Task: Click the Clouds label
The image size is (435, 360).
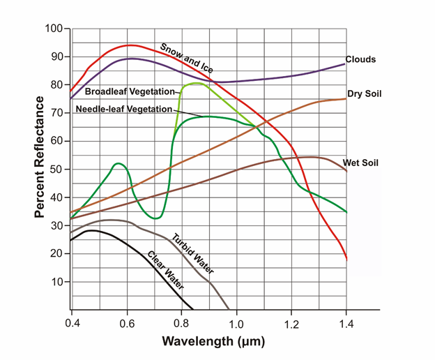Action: coord(360,60)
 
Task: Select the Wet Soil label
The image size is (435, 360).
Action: coord(363,163)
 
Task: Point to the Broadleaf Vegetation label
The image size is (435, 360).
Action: coord(130,91)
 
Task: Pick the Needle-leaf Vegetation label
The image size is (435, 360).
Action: coord(123,109)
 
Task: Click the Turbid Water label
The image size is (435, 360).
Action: coord(193,254)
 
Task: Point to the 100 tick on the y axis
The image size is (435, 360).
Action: coord(54,29)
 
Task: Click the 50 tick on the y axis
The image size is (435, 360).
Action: coord(56,170)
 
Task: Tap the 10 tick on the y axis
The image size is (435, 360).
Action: coord(56,282)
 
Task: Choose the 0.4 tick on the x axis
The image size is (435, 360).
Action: coord(72,324)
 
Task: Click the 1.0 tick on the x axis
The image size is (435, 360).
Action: coord(236,324)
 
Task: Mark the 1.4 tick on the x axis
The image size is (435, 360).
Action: coord(346,324)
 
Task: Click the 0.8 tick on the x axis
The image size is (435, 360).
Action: coord(181,324)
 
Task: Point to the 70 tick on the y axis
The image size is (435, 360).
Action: coord(56,113)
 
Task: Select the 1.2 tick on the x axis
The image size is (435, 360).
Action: coord(291,324)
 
